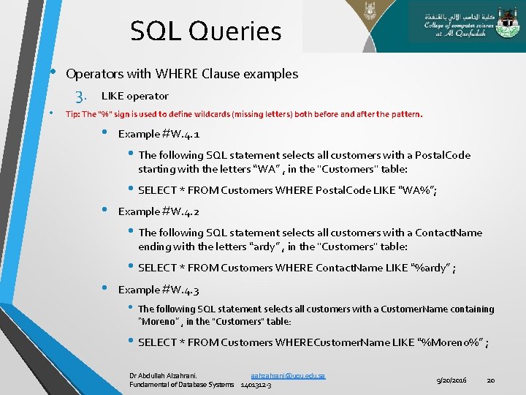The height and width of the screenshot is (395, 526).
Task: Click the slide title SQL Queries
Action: click(205, 31)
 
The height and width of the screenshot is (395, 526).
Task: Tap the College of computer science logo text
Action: click(465, 29)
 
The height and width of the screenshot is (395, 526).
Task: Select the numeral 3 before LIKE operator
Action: click(80, 97)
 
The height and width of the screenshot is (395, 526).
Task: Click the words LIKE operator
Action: click(134, 96)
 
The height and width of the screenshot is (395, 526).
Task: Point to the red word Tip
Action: click(72, 114)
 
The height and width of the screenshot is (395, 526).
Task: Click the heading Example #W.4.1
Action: click(159, 134)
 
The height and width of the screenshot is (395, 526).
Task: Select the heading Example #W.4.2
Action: click(159, 211)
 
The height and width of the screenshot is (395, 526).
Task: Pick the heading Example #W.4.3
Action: click(159, 289)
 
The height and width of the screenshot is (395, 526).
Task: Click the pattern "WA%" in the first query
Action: click(416, 190)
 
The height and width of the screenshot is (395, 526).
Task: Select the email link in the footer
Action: click(287, 375)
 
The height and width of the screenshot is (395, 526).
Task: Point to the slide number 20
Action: click(491, 380)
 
